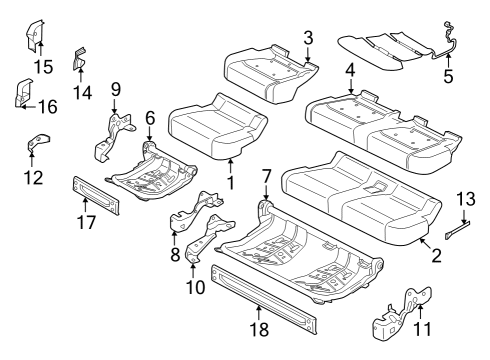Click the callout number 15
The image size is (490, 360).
coord(41,66)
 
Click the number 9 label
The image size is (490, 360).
coord(115,89)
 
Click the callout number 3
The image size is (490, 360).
coord(309,38)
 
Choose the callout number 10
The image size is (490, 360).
coord(195,286)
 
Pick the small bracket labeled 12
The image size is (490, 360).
coord(31,146)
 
